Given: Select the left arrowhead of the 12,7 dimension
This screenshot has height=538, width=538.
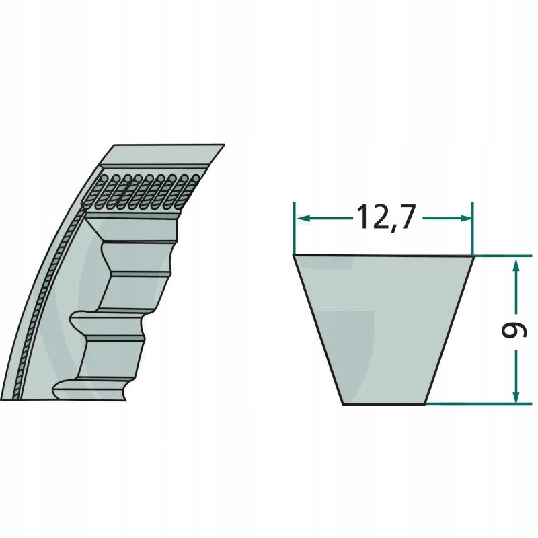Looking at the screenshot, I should pos(301,219).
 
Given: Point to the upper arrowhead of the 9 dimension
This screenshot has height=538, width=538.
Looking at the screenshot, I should pos(516,263).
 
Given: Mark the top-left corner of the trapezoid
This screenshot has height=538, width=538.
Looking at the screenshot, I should pos(294,256).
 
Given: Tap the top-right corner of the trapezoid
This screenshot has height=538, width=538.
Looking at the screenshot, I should pos(473,256).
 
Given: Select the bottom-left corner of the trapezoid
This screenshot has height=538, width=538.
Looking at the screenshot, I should pos(343,404).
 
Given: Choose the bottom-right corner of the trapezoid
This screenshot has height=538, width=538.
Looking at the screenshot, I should pos(426,404).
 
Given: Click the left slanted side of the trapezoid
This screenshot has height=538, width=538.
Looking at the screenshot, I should pos(318,330).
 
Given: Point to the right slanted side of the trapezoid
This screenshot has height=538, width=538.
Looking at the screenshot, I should pos(450,330).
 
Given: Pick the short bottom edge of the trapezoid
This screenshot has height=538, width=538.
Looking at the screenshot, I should pos(385,404).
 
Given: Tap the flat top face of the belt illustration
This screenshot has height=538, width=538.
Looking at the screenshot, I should pos(161,153).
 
